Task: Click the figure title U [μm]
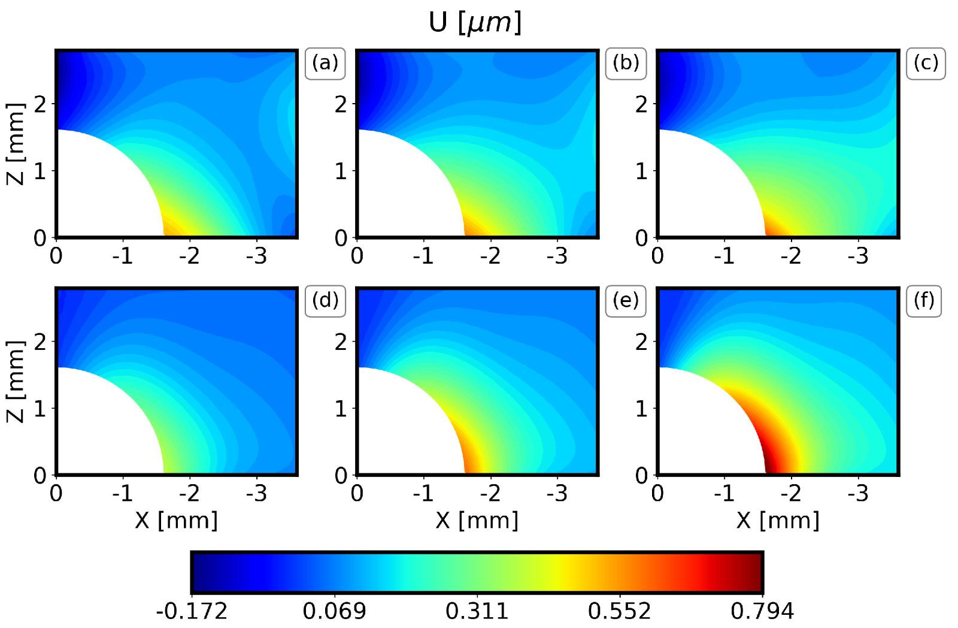475,23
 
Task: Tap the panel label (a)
325,63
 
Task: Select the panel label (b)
626,63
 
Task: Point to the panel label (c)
926,63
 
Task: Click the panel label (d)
325,300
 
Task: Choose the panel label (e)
626,300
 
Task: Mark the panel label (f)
924,300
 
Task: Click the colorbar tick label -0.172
192,611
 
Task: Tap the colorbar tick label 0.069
334,611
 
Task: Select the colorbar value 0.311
477,611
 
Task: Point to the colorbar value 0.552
620,611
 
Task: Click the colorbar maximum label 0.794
762,611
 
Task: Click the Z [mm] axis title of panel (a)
16,144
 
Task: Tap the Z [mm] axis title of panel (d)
16,382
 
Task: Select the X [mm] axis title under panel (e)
477,521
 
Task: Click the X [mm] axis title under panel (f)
778,521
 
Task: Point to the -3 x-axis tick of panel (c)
857,256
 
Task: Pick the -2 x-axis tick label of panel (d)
189,494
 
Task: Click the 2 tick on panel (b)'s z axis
341,104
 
